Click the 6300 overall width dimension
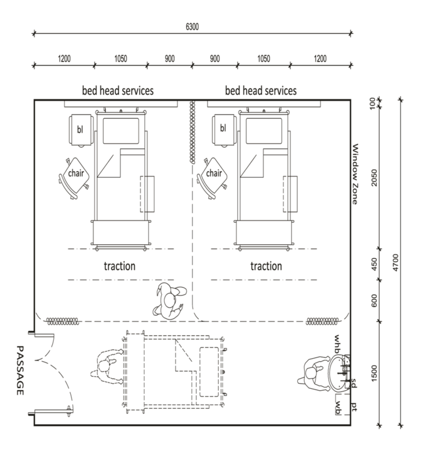coord(192,27)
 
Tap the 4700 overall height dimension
coord(396,263)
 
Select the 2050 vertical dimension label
coord(374,177)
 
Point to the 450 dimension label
coord(374,264)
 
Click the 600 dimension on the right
coord(374,301)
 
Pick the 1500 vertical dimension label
coord(374,373)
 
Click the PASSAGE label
coord(19,370)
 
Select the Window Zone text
coord(355,174)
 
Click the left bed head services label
coord(118,90)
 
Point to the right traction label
coord(266,266)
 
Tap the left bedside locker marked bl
coord(81,130)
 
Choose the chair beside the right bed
coord(213,178)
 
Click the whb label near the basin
coord(337,344)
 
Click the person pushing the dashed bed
coord(107,367)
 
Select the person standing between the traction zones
coord(170,301)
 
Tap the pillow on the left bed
coord(121,131)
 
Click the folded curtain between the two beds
coord(192,132)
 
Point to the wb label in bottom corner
coord(338,408)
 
